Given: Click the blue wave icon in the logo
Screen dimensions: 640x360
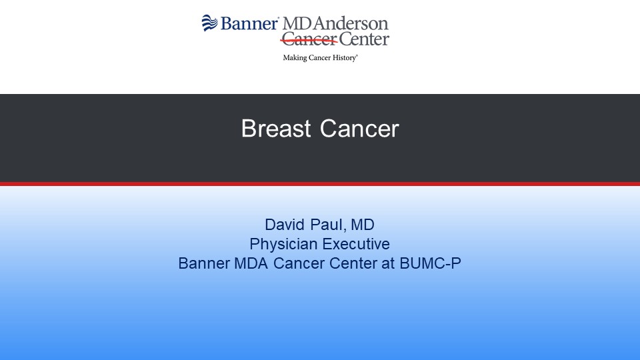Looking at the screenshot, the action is pos(210,23).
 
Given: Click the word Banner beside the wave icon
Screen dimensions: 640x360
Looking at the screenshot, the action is pos(249,24).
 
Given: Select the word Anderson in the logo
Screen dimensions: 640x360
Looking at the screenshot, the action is pos(351,24).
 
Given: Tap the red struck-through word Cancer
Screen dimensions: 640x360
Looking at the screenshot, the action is pos(309,39).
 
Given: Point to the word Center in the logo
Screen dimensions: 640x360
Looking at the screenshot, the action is pos(364,39).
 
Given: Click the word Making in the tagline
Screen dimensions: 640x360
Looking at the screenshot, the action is pos(295,58).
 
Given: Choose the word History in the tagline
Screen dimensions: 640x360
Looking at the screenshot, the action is pos(345,58).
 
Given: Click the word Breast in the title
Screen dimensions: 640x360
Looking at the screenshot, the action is pos(276,129).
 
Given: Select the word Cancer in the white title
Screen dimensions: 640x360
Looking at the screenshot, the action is pos(359,129).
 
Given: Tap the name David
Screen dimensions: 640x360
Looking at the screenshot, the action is pos(285,225).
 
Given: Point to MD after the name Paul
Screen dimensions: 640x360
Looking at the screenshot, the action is pos(363,225).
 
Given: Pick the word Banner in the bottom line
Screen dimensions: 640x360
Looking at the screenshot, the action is pos(204,263).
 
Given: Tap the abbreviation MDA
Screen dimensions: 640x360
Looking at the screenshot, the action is pos(251,263).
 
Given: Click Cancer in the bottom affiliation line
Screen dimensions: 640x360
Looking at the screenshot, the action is pos(299,263).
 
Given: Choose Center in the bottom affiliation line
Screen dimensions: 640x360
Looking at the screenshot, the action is pos(353,263).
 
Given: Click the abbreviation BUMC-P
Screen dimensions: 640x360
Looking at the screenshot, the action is pos(430,263).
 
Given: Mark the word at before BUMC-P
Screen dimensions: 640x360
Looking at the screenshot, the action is pos(388,264).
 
